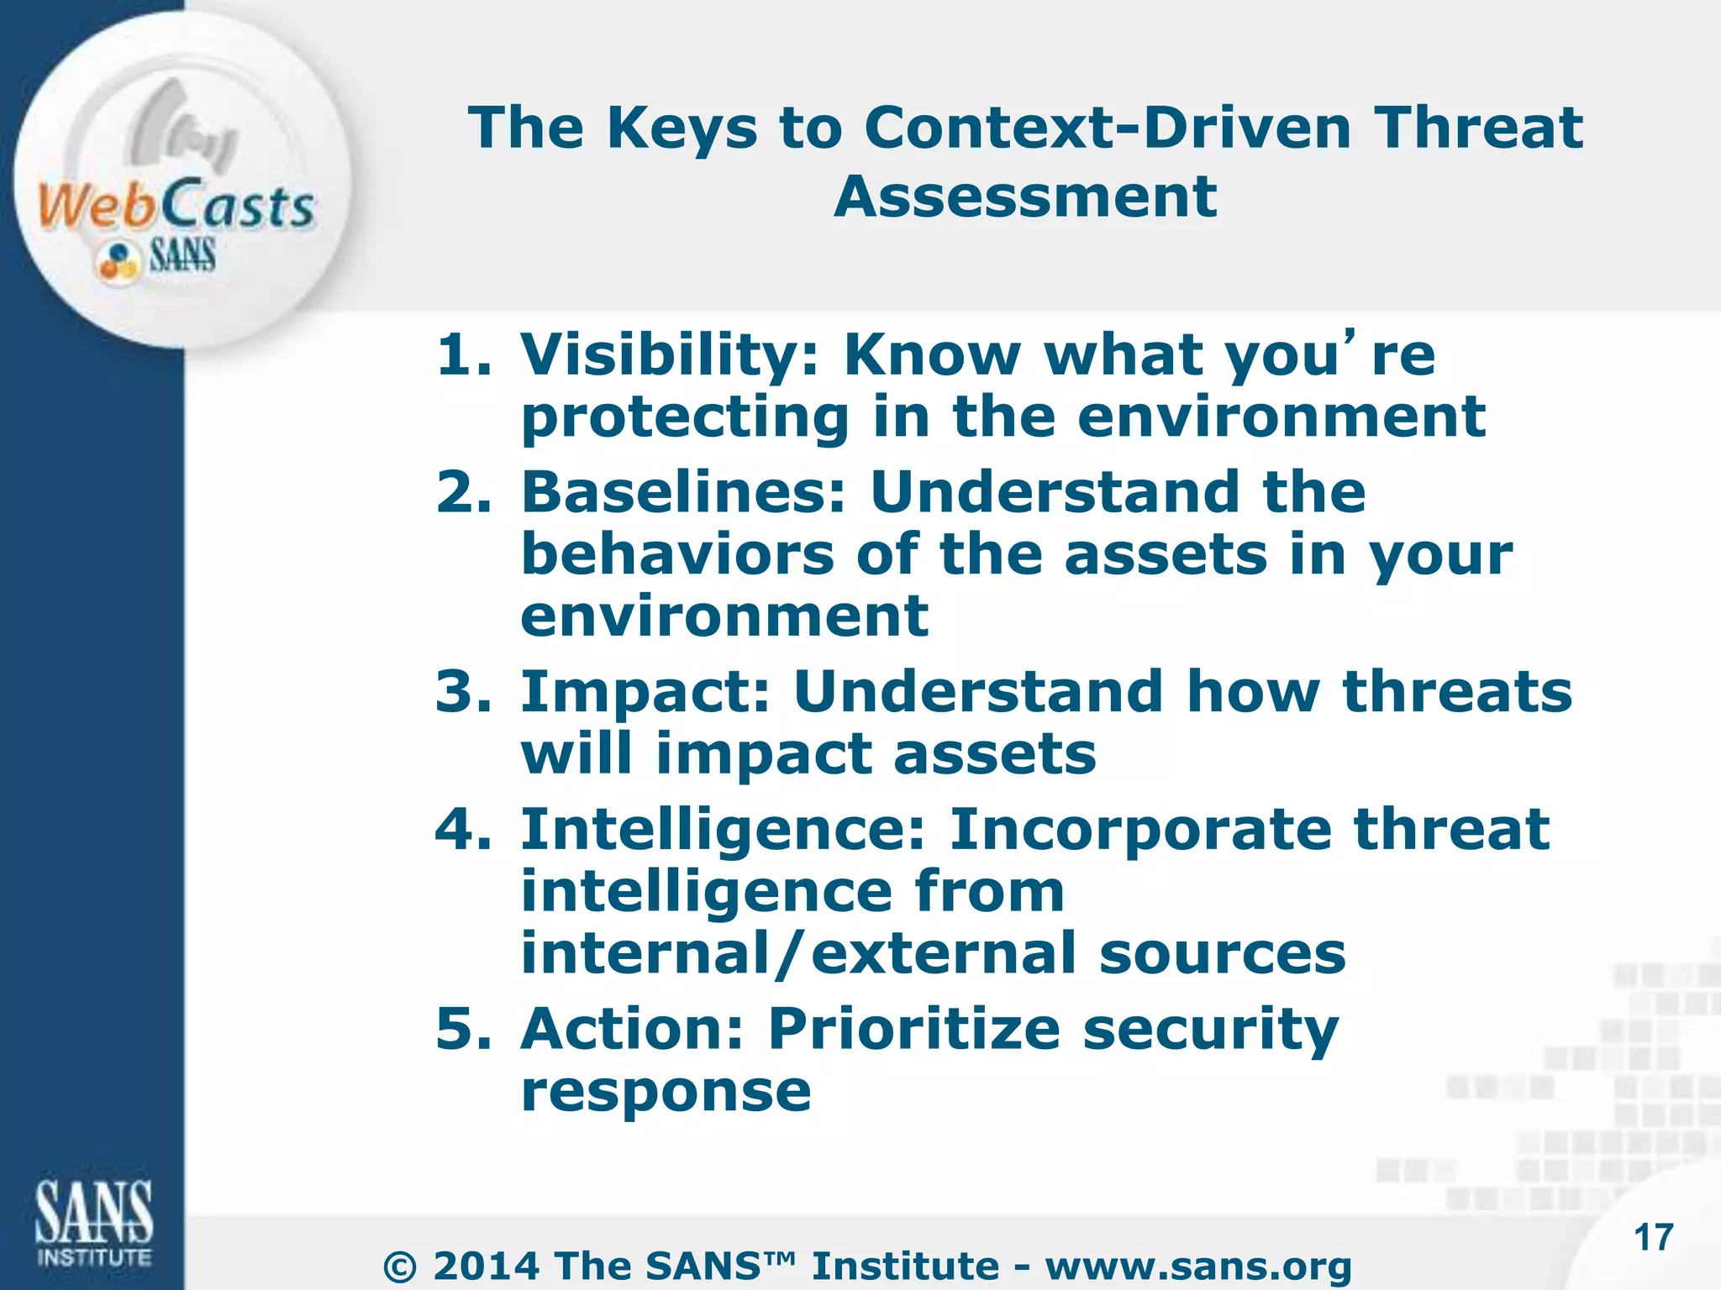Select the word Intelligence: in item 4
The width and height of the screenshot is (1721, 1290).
(723, 830)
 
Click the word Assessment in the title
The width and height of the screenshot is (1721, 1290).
(1025, 197)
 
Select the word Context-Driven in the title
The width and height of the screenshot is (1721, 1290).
(1108, 128)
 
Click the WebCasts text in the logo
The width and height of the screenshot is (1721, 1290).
(176, 206)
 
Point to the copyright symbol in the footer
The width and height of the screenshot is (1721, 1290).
(400, 1267)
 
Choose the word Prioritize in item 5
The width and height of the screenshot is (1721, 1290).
(914, 1029)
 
